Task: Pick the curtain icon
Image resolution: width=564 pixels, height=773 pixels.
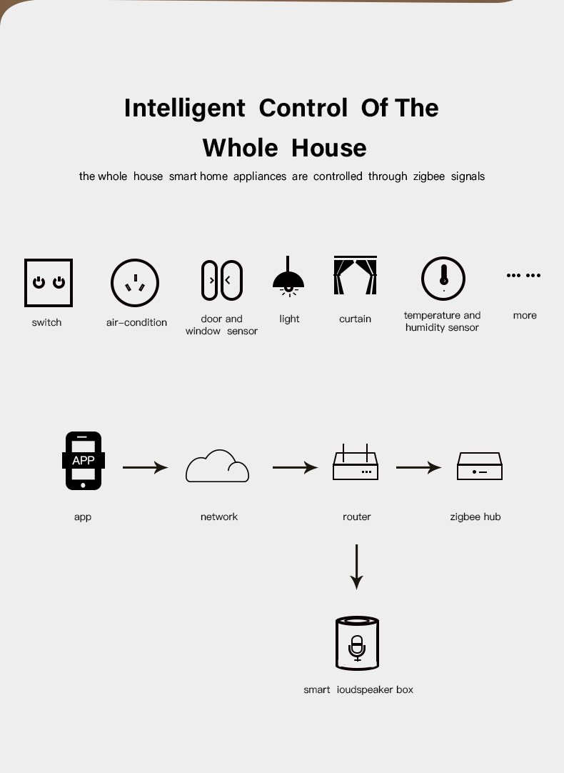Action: (x=355, y=275)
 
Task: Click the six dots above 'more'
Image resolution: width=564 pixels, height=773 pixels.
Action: (x=523, y=275)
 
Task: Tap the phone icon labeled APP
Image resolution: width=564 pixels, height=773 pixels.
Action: (x=84, y=461)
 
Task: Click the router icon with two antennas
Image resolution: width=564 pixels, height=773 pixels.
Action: (x=355, y=466)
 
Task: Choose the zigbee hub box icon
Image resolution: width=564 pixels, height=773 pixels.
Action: (x=480, y=466)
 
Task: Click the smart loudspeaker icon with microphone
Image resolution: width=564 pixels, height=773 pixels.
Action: (x=357, y=643)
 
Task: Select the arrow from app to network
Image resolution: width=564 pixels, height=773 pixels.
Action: (x=146, y=467)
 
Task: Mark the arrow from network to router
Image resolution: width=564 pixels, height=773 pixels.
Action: (x=295, y=467)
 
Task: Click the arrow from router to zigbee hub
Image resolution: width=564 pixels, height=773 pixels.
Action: (x=418, y=467)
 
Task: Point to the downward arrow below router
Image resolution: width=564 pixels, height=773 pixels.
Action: (x=357, y=567)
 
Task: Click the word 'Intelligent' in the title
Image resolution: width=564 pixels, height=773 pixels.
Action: (x=185, y=108)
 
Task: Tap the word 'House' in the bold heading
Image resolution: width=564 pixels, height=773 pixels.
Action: (x=329, y=148)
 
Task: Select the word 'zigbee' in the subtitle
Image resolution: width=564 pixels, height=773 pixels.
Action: (x=429, y=176)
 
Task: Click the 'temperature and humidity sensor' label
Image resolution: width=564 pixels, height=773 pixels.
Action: (x=443, y=321)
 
